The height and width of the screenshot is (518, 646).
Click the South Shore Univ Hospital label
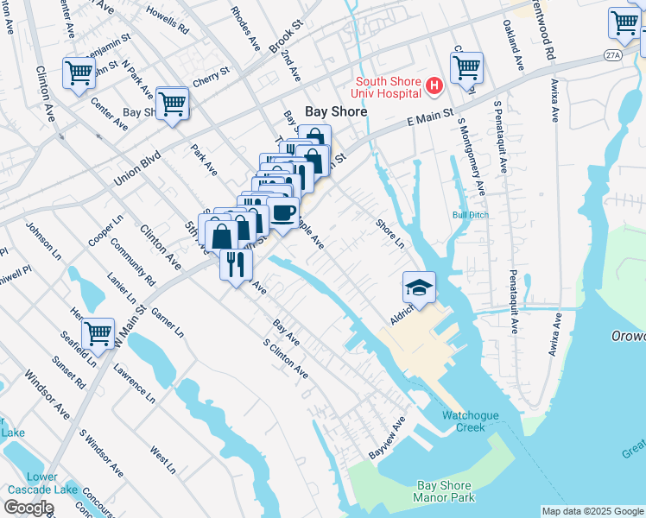point(385,88)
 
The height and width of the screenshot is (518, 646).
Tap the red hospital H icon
point(434,86)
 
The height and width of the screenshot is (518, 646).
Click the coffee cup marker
point(282,212)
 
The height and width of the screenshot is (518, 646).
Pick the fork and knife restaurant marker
point(236,263)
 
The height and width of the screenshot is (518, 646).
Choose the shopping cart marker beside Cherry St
point(173,104)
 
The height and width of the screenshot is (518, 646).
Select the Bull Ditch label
point(470,215)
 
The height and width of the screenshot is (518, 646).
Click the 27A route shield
point(611,54)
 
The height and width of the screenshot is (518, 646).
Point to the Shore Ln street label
point(389,234)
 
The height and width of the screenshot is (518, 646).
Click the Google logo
point(28,508)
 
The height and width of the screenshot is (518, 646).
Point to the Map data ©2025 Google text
point(592,511)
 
